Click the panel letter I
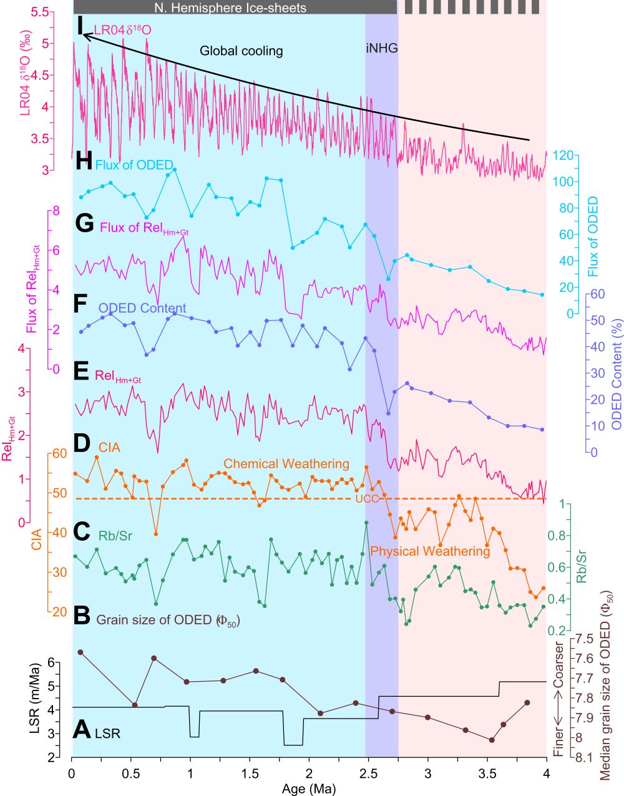point(80,26)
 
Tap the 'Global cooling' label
point(241,51)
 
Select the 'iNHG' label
point(381,48)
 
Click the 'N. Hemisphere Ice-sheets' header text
point(230,7)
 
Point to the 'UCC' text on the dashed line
point(364,499)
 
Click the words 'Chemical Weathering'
point(286,464)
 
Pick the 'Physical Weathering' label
point(430,551)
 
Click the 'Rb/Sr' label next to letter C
point(115,536)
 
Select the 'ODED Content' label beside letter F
point(142,308)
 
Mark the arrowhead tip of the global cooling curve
point(84,36)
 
